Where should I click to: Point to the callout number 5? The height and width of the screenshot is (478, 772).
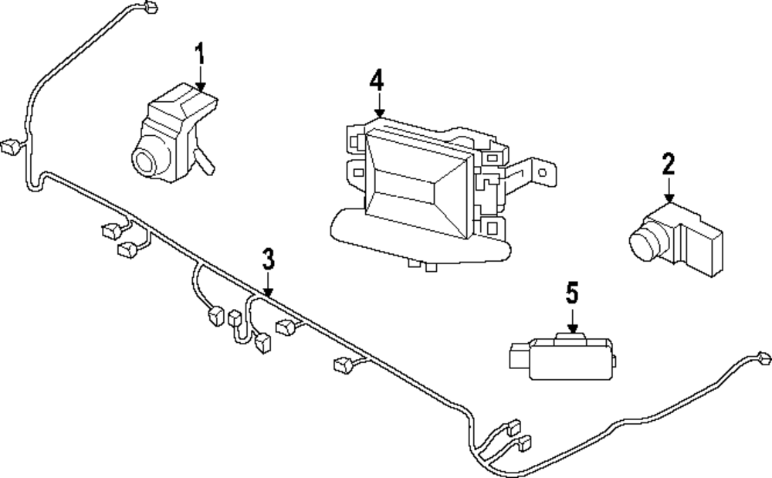(571, 293)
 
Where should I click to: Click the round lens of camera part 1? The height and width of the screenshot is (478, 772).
(144, 161)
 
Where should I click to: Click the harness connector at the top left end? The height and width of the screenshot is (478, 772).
(151, 8)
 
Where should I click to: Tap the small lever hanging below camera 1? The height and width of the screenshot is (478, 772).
(206, 162)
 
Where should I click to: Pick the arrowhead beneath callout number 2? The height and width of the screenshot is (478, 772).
(669, 200)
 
